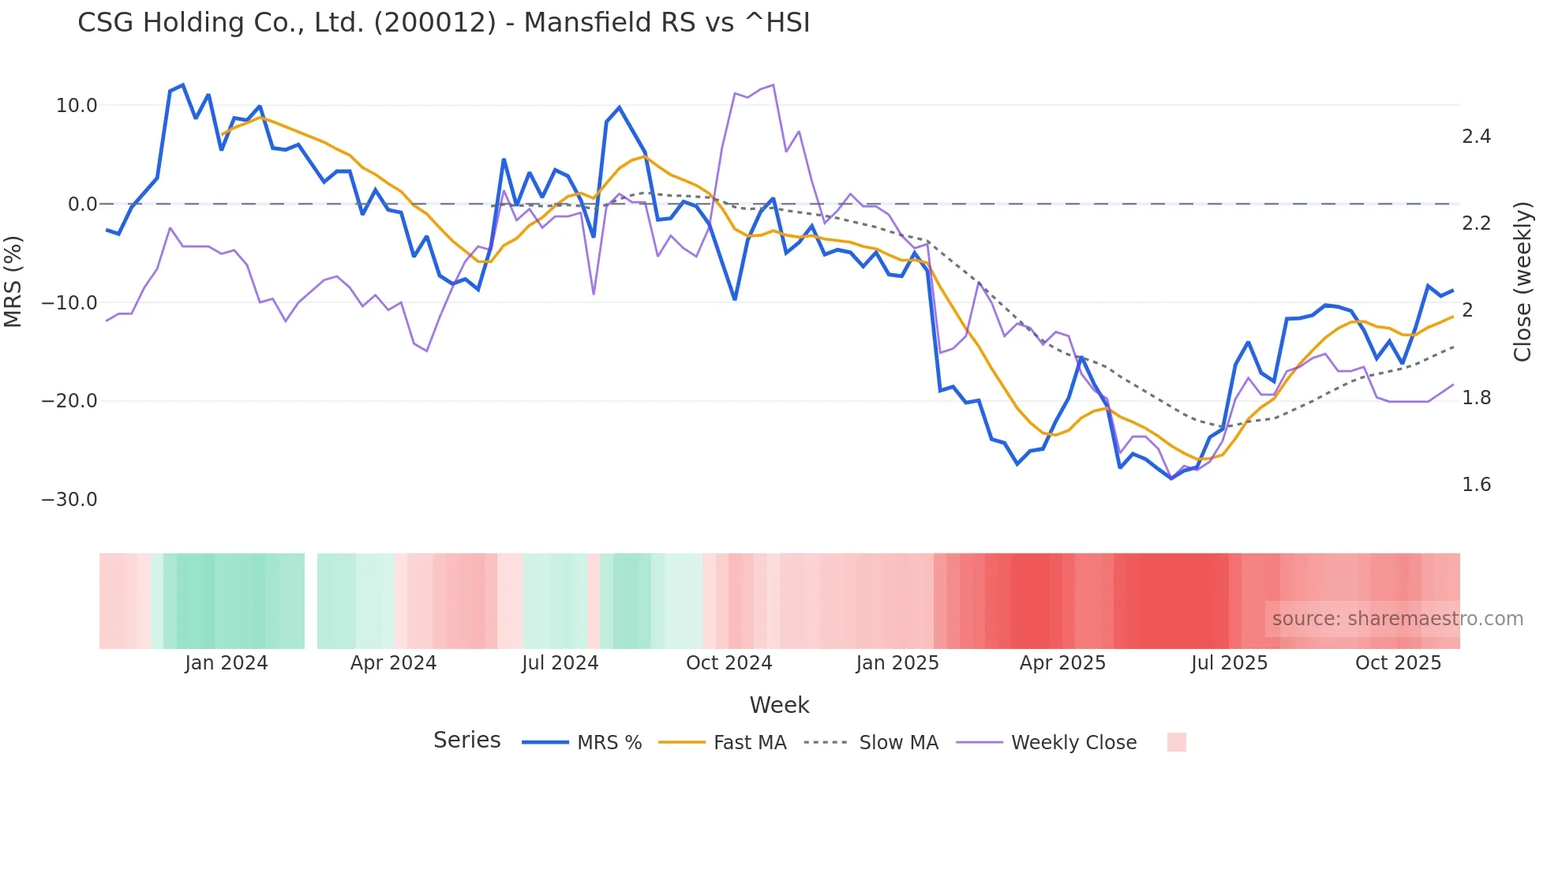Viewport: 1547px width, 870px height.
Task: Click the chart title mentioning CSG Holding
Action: tap(444, 23)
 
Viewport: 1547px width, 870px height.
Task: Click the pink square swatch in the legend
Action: tap(1176, 742)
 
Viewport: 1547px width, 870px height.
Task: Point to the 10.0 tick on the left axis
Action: tap(77, 106)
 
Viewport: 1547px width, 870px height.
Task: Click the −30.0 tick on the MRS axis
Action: tap(69, 500)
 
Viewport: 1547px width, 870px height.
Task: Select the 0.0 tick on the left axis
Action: tap(82, 204)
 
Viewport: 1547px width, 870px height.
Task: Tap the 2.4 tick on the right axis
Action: tap(1476, 137)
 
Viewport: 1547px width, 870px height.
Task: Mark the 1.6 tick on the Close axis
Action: tap(1476, 485)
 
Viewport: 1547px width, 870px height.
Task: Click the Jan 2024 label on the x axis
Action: tap(227, 663)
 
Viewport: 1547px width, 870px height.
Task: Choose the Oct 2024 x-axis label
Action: tap(729, 663)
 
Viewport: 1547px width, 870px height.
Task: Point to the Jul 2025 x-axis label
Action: tap(1229, 663)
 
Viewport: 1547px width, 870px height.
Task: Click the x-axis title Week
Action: tap(779, 705)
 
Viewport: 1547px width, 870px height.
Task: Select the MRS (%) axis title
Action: tap(13, 281)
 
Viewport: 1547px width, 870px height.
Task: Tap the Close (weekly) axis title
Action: tap(1523, 281)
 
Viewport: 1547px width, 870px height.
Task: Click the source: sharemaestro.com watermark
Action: tap(1397, 619)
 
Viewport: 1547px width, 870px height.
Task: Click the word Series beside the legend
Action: tap(466, 741)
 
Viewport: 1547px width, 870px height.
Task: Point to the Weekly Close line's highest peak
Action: tap(773, 84)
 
